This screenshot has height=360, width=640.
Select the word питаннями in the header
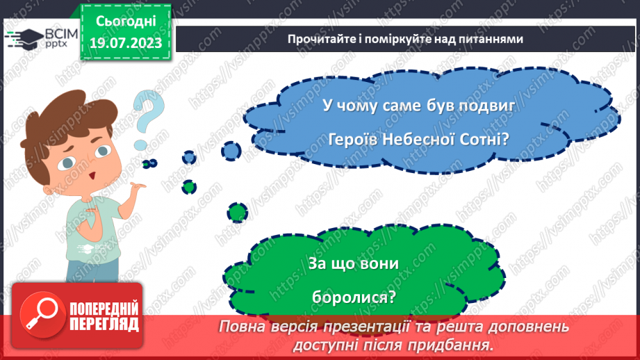pos(489,40)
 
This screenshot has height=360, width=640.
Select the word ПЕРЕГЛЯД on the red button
pos(104,323)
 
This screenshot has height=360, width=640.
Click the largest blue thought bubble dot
pos(231,149)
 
